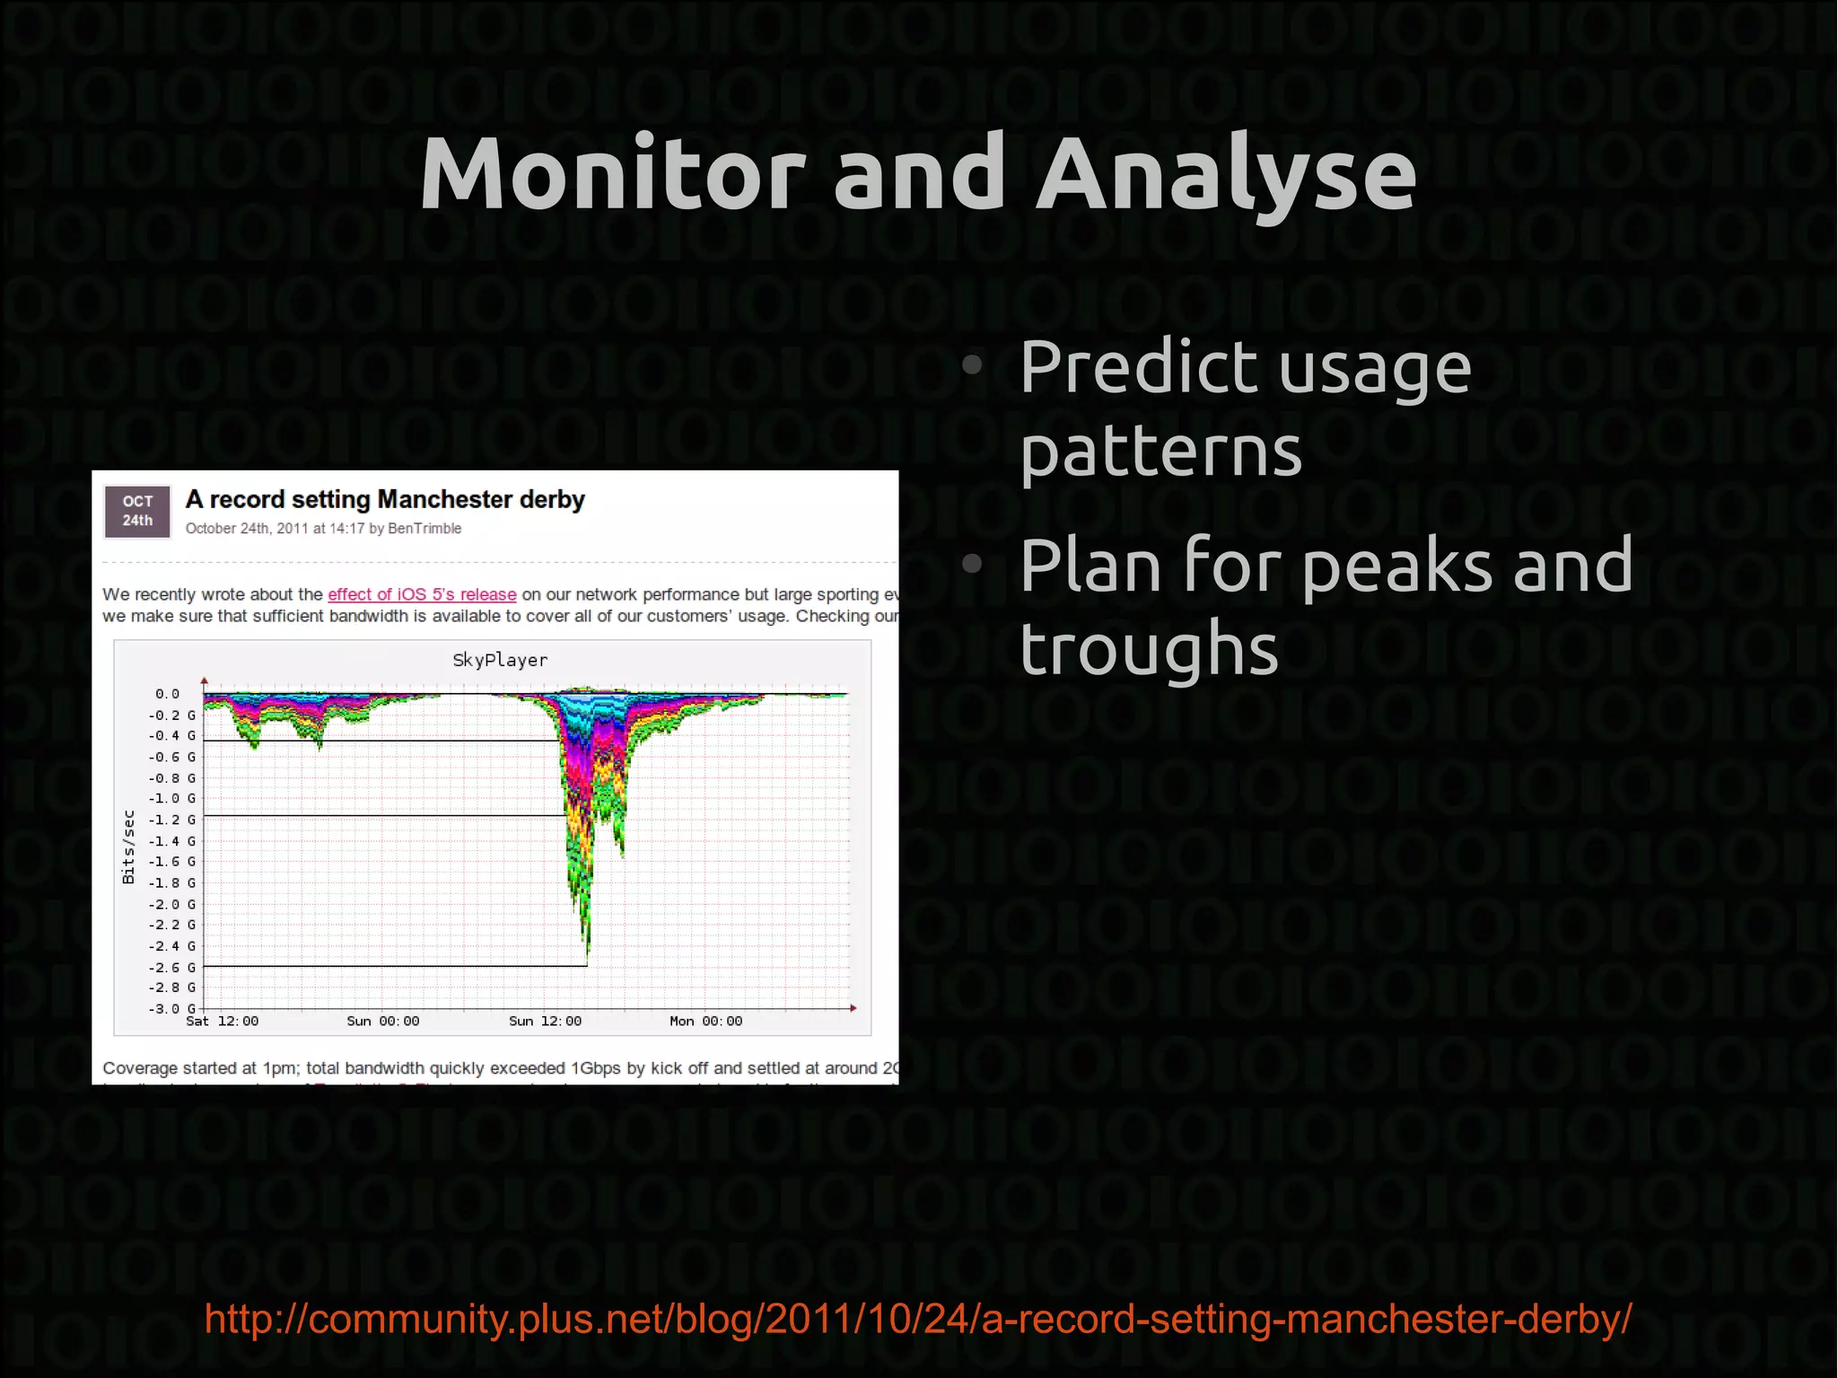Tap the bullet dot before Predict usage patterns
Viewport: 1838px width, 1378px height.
pyautogui.click(x=972, y=364)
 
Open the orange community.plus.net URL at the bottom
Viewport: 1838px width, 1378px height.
pyautogui.click(x=917, y=1318)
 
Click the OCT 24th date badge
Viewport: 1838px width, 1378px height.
pyautogui.click(x=137, y=511)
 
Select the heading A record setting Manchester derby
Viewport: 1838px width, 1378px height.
pyautogui.click(x=384, y=499)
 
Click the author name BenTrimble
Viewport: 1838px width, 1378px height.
pyautogui.click(x=424, y=529)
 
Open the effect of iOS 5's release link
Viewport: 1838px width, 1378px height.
pyautogui.click(x=422, y=594)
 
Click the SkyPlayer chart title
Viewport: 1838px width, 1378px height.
pyautogui.click(x=500, y=660)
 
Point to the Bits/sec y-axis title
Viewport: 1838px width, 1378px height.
pyautogui.click(x=128, y=847)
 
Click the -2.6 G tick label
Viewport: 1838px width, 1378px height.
pyautogui.click(x=171, y=967)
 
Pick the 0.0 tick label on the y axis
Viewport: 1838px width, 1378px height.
pyautogui.click(x=167, y=694)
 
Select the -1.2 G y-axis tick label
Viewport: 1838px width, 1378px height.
pyautogui.click(x=171, y=820)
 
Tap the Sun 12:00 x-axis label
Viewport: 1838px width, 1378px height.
pyautogui.click(x=545, y=1022)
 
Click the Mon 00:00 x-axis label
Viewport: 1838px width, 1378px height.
pyautogui.click(x=705, y=1022)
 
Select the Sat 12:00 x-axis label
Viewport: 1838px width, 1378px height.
pyautogui.click(x=222, y=1022)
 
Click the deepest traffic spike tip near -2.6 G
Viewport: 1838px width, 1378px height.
pyautogui.click(x=588, y=955)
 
